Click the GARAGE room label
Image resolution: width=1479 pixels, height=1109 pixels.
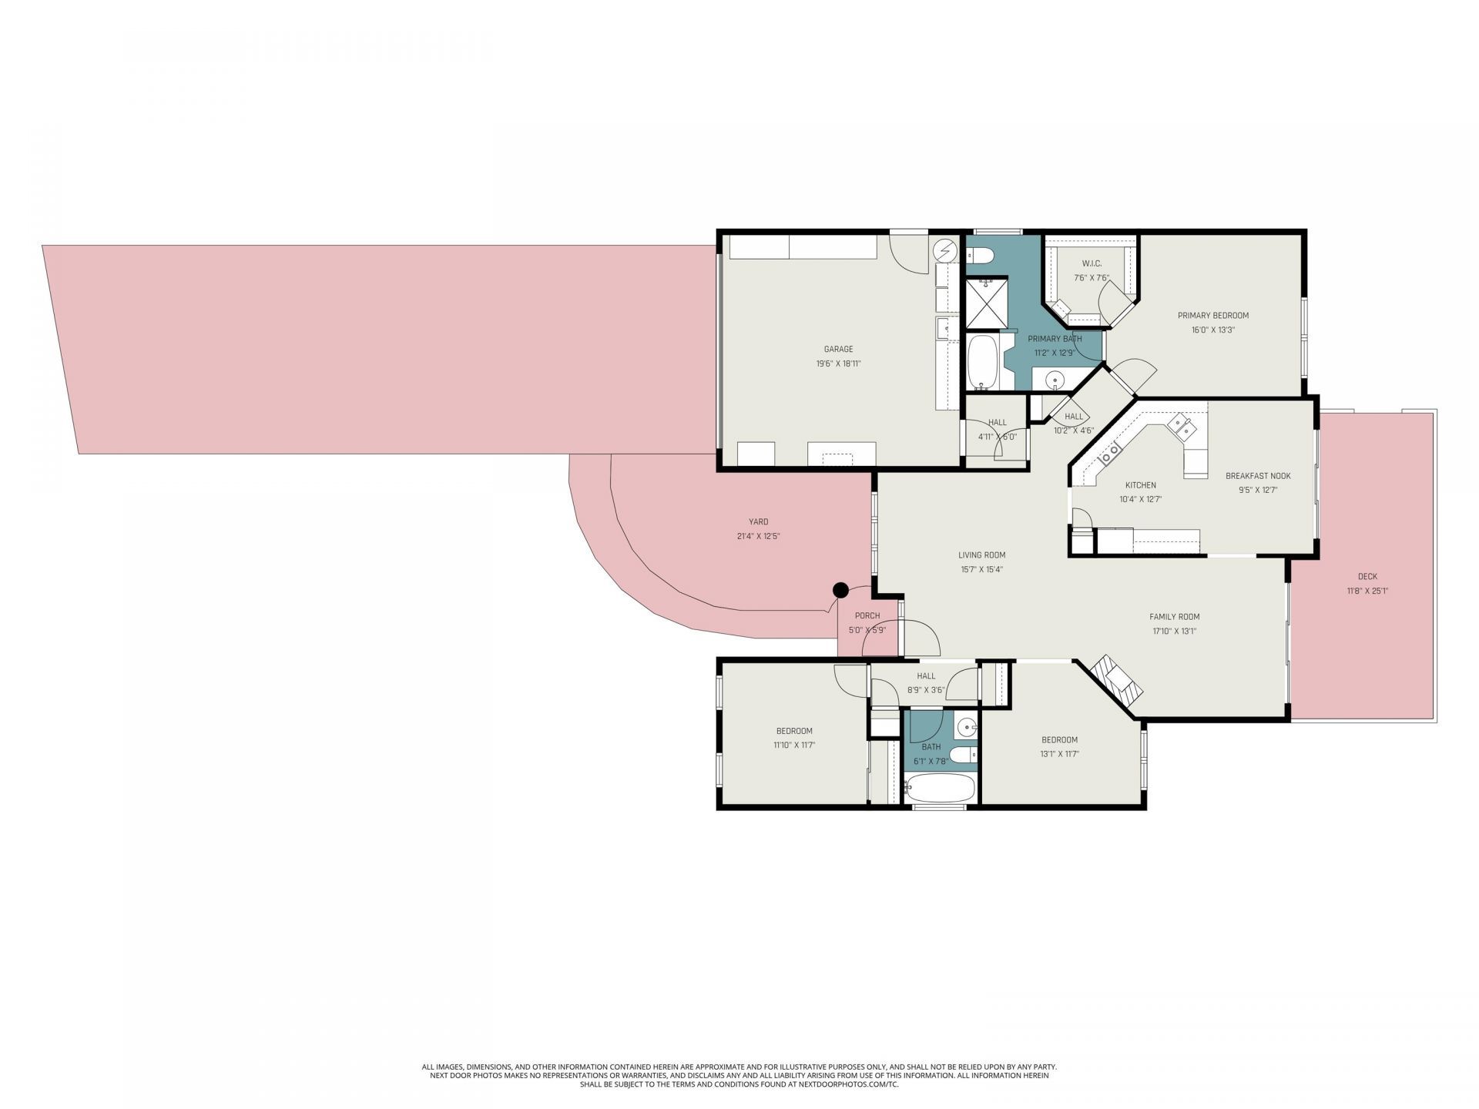tap(838, 349)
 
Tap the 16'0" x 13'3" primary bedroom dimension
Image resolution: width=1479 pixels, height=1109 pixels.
tap(1213, 330)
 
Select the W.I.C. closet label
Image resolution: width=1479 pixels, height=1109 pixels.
tap(1092, 263)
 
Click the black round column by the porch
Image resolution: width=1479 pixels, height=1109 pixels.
tap(840, 591)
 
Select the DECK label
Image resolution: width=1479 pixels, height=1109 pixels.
tap(1367, 576)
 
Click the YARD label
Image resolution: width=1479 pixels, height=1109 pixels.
tap(758, 521)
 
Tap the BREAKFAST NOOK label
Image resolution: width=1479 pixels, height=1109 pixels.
tap(1258, 476)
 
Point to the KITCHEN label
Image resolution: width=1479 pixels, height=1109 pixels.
tap(1140, 485)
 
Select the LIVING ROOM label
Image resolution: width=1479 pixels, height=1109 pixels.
tap(981, 554)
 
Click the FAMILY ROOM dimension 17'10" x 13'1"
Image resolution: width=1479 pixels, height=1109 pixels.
tap(1174, 631)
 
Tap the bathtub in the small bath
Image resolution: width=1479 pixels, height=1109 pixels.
tap(940, 788)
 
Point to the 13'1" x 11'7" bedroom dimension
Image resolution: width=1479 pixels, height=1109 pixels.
tap(1059, 754)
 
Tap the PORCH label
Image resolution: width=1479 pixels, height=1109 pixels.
tap(867, 615)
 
